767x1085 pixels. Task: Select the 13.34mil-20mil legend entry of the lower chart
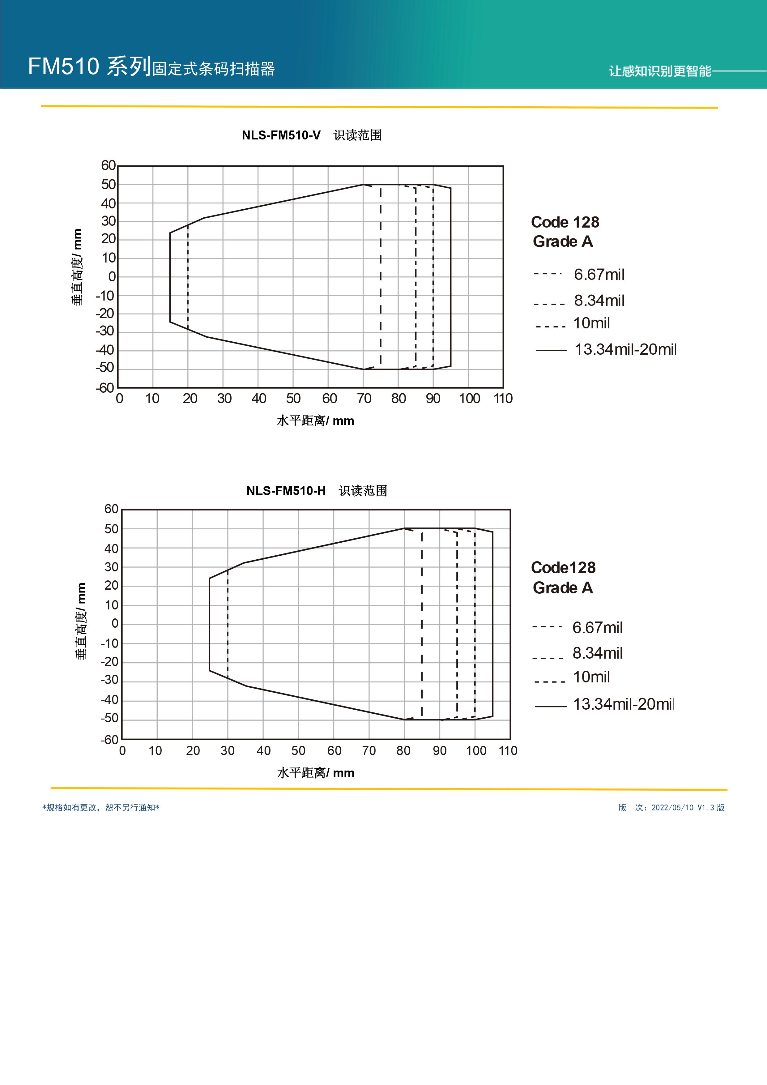[x=623, y=704]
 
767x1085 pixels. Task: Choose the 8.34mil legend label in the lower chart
[x=597, y=653]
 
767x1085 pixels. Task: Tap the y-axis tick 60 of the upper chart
[x=108, y=165]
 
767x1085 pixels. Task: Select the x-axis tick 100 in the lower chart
[x=476, y=750]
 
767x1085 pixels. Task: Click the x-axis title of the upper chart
[x=315, y=421]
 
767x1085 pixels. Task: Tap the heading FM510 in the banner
[x=63, y=66]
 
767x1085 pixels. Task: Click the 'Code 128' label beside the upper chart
[x=565, y=222]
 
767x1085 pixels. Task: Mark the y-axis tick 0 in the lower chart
[x=115, y=623]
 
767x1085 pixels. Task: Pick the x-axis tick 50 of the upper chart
[x=293, y=398]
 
